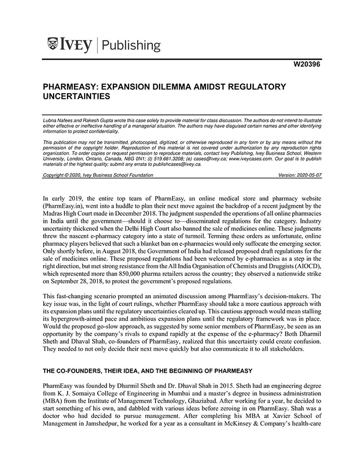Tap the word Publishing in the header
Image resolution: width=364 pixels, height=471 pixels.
[132, 46]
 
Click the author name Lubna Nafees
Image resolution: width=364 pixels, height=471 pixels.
[59, 120]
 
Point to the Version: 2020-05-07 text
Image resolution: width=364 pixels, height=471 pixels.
[300, 175]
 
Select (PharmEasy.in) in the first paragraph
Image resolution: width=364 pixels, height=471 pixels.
[62, 207]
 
